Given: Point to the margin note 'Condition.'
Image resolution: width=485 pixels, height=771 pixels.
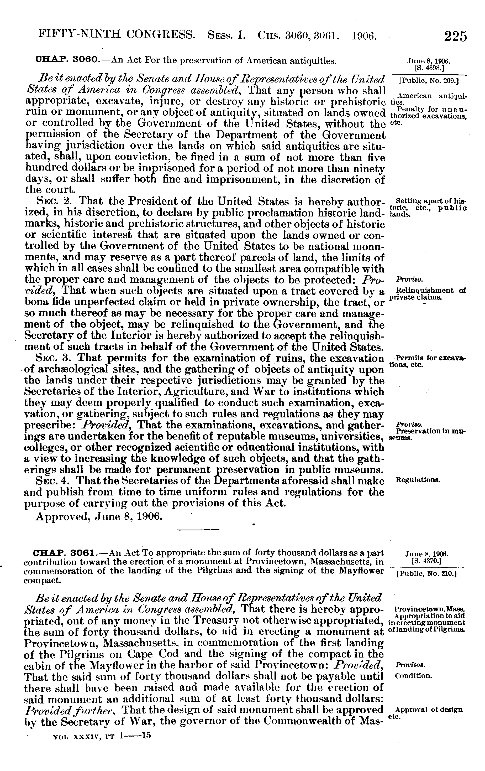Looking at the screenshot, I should [x=414, y=676].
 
